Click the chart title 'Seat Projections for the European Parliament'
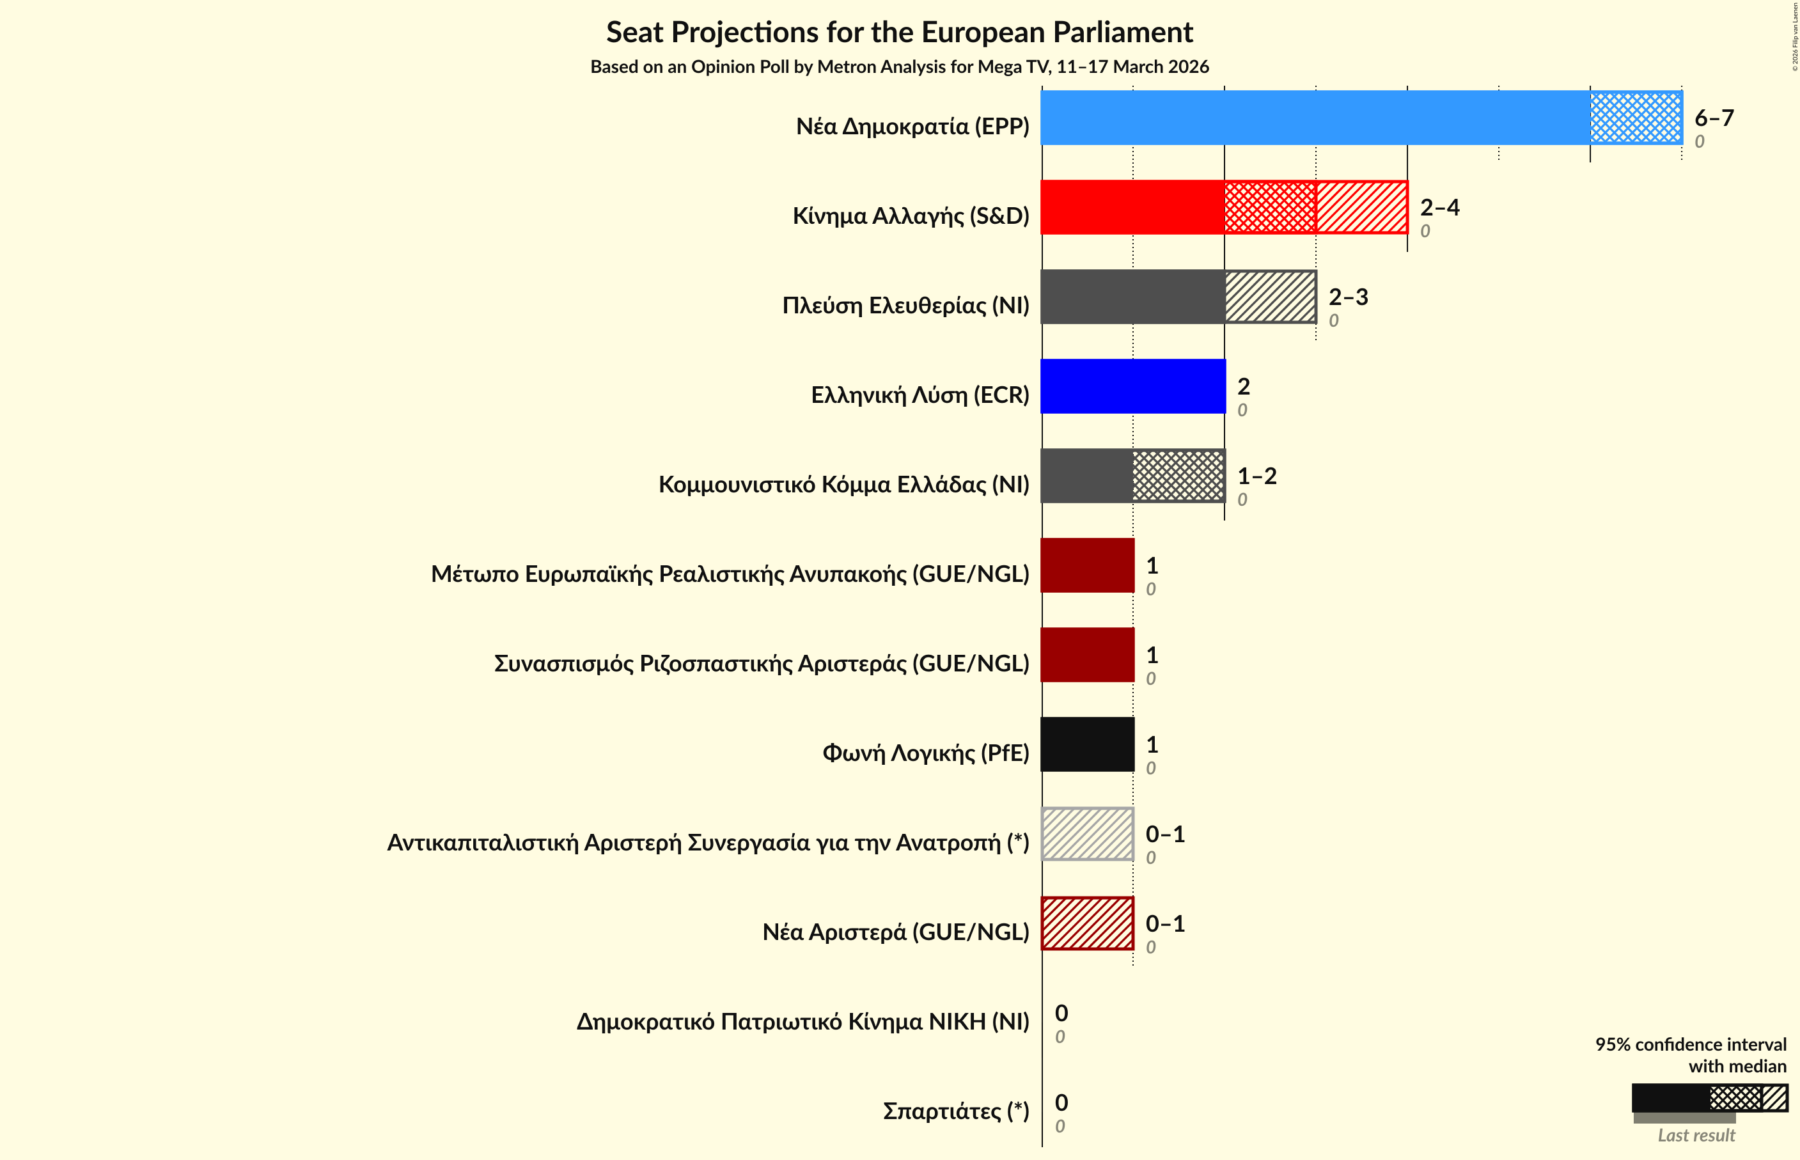click(899, 33)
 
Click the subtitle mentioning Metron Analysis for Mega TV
click(899, 67)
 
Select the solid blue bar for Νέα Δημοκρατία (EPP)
click(1314, 118)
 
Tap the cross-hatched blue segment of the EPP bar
click(1635, 118)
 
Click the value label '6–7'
click(1714, 118)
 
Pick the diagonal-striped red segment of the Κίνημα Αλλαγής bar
click(1361, 207)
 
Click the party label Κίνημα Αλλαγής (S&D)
click(910, 216)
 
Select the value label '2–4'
click(1439, 207)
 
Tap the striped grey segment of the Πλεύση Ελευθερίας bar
click(1270, 297)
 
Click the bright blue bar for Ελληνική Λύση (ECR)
click(1132, 386)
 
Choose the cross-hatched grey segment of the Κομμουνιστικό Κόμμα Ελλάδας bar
click(1178, 476)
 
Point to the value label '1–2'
click(1256, 476)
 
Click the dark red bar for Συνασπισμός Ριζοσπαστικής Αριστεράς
click(1088, 655)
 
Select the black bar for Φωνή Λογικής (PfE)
click(1088, 744)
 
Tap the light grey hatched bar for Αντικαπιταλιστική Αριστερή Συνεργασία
click(1088, 834)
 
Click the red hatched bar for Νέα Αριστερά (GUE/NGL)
click(1088, 923)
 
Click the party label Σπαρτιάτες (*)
click(955, 1111)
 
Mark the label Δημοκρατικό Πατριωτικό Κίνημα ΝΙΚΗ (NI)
click(802, 1021)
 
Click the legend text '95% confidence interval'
click(1690, 1045)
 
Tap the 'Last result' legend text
click(1696, 1135)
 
